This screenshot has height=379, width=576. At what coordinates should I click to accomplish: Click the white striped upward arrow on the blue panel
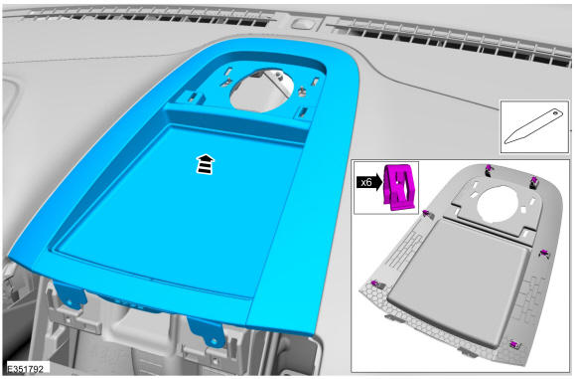[x=206, y=164]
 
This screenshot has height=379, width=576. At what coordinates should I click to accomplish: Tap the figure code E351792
[x=26, y=369]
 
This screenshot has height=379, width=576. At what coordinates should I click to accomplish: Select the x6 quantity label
[x=365, y=182]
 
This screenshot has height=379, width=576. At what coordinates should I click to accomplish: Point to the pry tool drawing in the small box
[x=533, y=126]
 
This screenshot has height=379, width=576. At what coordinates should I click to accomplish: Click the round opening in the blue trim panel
[x=262, y=91]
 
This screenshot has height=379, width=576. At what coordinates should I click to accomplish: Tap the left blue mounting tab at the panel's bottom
[x=70, y=293]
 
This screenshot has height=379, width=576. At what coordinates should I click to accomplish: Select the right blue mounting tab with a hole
[x=207, y=331]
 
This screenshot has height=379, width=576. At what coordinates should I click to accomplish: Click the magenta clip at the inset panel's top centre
[x=488, y=170]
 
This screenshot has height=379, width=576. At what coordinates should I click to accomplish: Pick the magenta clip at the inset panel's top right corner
[x=534, y=181]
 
